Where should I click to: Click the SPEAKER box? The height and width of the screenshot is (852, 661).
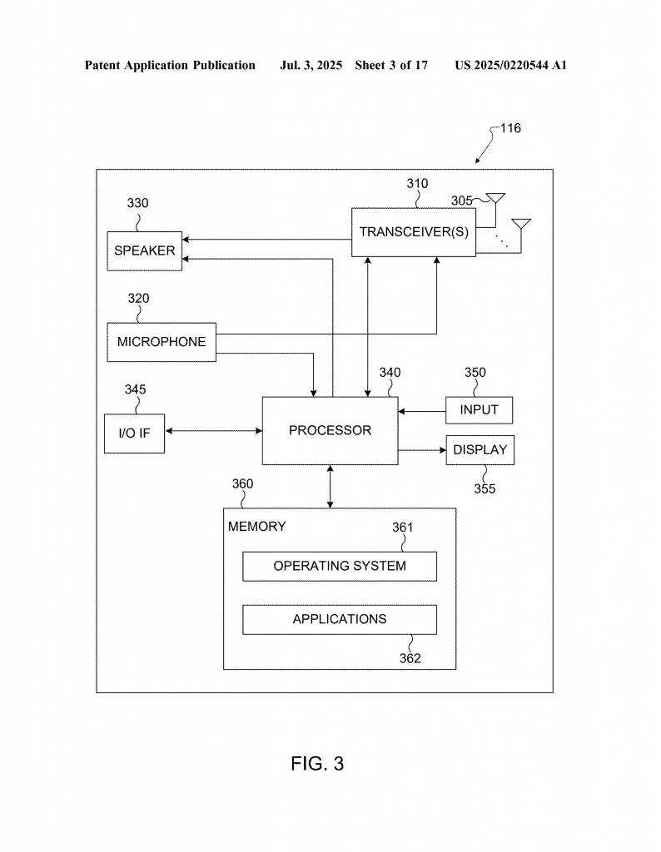pos(145,251)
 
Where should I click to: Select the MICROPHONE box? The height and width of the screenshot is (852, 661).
pos(162,342)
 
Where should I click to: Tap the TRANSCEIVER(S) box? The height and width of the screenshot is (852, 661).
pos(414,232)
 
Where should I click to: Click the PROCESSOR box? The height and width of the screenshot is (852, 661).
pos(330,430)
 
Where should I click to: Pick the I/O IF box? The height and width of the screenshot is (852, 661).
pos(134,433)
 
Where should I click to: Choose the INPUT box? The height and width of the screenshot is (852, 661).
pos(479,410)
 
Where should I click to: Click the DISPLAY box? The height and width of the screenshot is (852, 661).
pos(480,450)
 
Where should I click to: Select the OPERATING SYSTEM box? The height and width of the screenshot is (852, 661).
pos(340,566)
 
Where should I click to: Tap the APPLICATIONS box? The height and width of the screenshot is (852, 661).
pos(340,619)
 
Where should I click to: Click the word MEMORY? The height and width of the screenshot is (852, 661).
pos(257,527)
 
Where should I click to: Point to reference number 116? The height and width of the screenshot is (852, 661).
pos(510,128)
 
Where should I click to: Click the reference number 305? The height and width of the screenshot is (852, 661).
pos(461,201)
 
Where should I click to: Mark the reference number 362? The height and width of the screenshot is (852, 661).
pos(410,659)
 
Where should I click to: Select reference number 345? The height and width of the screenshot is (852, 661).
pos(136,389)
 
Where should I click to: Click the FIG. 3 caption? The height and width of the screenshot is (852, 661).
pos(317,764)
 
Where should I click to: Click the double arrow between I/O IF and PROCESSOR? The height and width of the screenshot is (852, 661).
pos(214,431)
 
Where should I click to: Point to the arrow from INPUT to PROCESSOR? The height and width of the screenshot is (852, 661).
pos(422,411)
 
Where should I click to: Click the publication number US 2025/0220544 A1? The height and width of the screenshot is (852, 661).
pos(511,65)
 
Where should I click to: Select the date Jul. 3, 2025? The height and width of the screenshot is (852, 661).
pos(311,65)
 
